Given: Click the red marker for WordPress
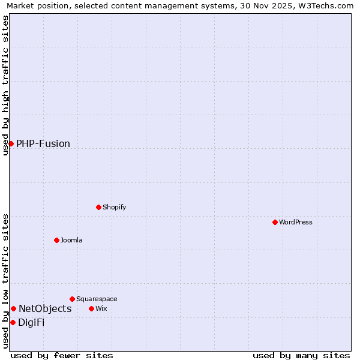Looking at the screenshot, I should (275, 222).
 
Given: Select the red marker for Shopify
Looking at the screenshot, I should (98, 207).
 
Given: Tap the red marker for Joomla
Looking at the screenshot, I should (56, 240).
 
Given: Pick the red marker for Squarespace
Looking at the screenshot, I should (72, 299).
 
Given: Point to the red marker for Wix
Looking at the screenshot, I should (91, 308).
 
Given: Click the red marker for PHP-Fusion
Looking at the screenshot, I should (11, 143).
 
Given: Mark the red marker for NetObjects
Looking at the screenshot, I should (13, 308).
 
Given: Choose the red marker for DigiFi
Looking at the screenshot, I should (13, 322).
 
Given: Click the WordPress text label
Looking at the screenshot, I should (296, 222).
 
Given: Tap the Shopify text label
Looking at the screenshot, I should (115, 207).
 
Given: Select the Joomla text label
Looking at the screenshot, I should (71, 240).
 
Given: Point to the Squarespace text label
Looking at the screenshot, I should (97, 299).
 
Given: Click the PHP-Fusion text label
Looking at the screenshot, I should (43, 143).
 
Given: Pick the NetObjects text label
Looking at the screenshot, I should (45, 308).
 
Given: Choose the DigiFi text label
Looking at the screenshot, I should (31, 322).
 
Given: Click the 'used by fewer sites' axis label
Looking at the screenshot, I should (62, 355).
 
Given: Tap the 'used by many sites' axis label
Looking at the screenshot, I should (301, 355).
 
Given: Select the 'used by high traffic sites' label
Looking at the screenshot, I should (5, 85).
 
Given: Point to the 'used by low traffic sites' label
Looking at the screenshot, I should (5, 281).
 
